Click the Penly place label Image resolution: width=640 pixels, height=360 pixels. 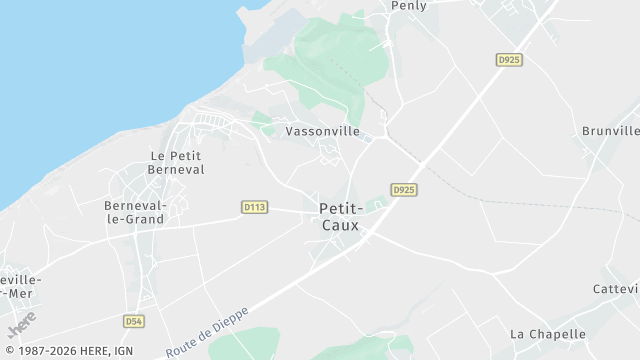tap(409, 6)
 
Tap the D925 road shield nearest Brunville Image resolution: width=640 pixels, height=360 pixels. tap(509, 60)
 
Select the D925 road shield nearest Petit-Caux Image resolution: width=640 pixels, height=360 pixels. tap(404, 189)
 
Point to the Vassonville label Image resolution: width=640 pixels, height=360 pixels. tap(322, 131)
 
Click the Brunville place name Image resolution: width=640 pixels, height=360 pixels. tap(610, 131)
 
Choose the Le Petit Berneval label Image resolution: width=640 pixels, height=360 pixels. tap(177, 163)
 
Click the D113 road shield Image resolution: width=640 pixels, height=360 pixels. tap(254, 207)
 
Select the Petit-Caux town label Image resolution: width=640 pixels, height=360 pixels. tap(340, 216)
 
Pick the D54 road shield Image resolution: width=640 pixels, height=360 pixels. tap(134, 321)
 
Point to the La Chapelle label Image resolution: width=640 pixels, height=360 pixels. tap(546, 333)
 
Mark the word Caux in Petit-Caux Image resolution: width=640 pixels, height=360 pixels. tap(340, 225)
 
